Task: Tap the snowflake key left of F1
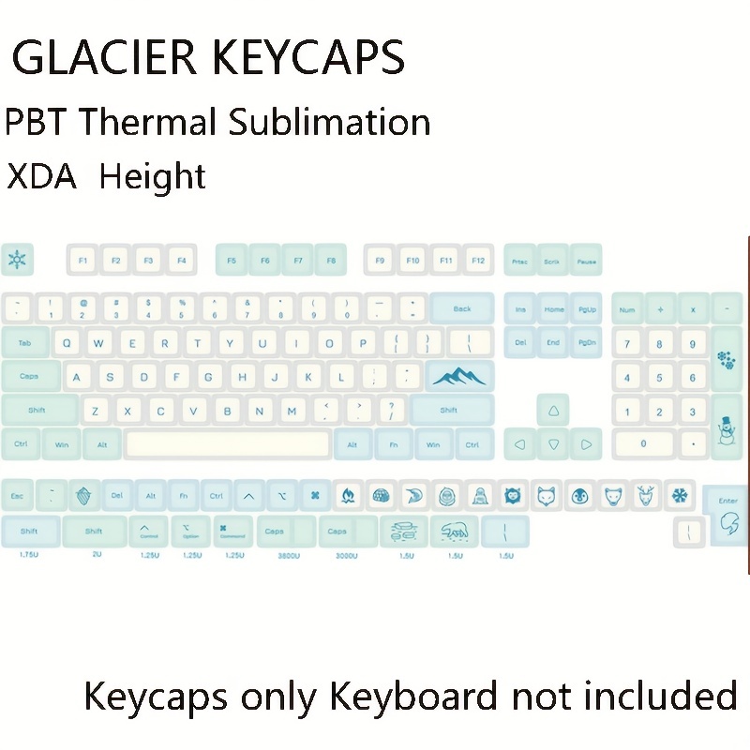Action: tap(17, 259)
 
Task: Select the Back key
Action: tap(461, 308)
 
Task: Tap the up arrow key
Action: tap(553, 410)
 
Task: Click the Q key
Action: tap(66, 343)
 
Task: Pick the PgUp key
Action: tap(587, 308)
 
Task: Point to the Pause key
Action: tap(587, 261)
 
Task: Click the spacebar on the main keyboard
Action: tap(228, 443)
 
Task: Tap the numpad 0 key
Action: tap(642, 443)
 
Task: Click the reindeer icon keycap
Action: tap(645, 494)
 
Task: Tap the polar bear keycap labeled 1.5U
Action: tap(455, 532)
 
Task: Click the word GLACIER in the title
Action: tap(108, 58)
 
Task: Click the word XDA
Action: tap(41, 176)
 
